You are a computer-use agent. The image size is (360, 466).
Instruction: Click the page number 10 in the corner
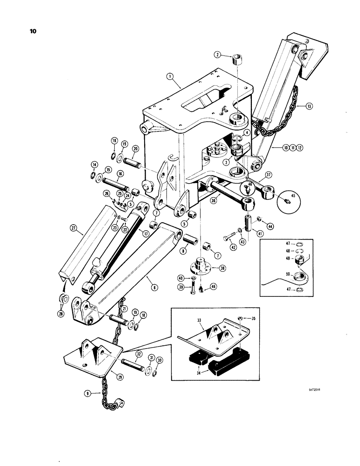(x=35, y=32)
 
